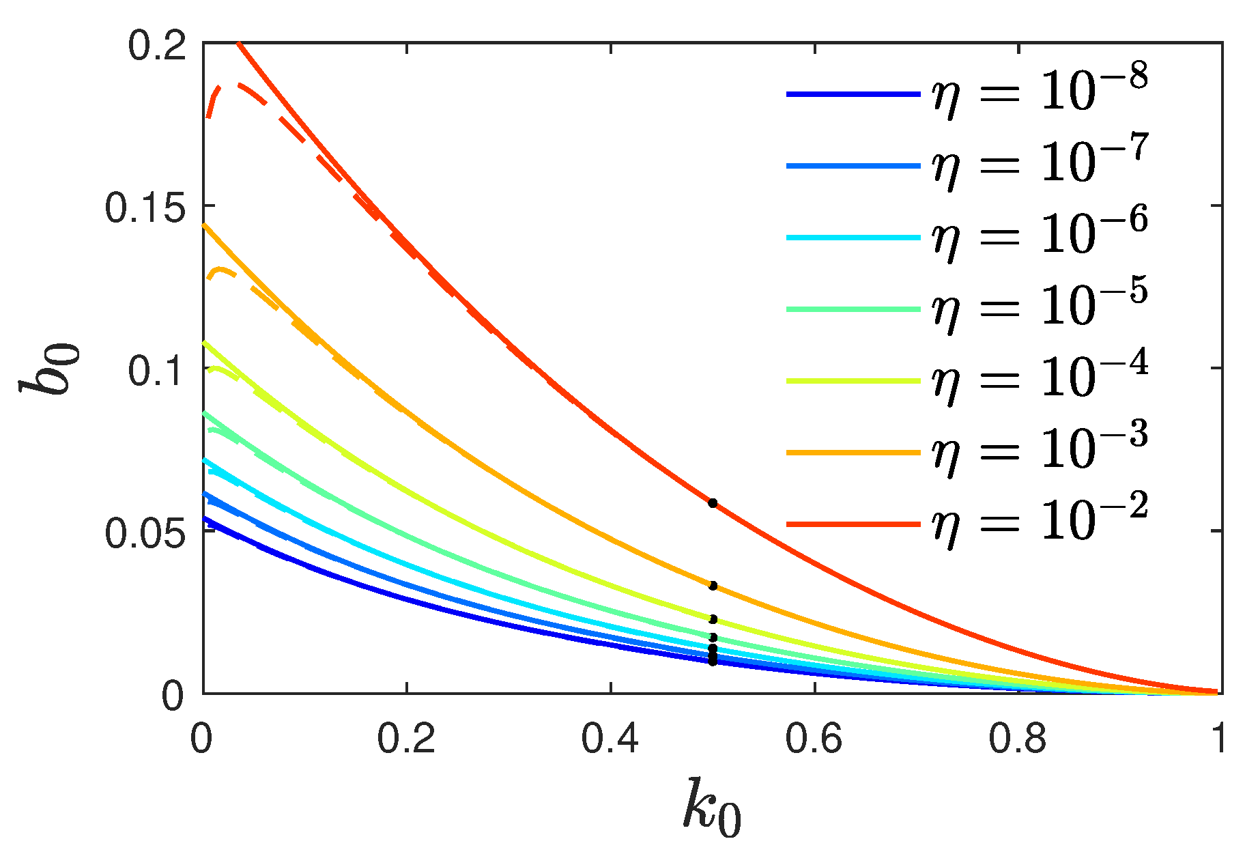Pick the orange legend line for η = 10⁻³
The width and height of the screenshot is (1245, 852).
(853, 452)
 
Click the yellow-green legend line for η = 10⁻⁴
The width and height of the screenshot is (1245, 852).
(853, 380)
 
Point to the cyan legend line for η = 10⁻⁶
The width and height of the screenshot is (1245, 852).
(853, 237)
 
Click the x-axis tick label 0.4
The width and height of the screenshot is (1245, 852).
(610, 739)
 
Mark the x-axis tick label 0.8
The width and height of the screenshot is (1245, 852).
(1017, 739)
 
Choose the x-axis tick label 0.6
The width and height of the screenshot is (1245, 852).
(814, 739)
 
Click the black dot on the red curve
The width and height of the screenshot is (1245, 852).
(713, 503)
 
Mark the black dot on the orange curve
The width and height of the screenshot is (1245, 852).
(713, 586)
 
